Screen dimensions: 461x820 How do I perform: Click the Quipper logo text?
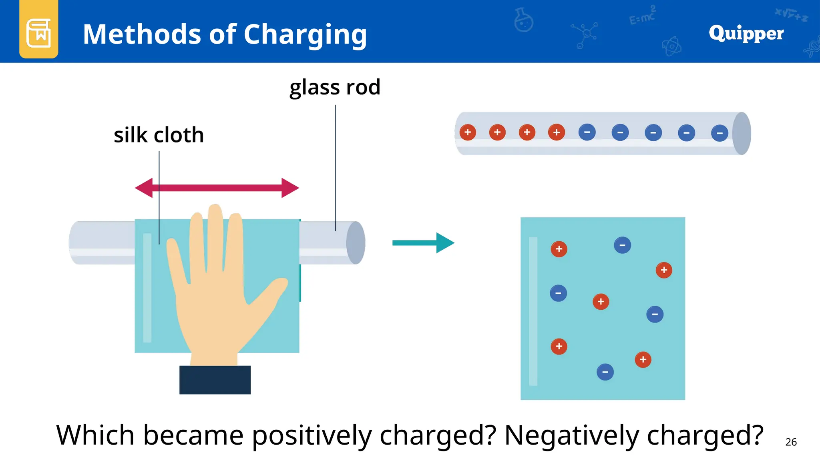(746, 33)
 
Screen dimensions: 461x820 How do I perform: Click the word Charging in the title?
(305, 35)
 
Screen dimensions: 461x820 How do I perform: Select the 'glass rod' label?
(335, 87)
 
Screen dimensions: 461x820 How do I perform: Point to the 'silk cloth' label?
(159, 135)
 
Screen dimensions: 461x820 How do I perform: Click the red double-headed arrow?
(217, 188)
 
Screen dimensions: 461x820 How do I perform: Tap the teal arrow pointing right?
(423, 243)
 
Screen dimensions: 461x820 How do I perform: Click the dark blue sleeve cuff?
(215, 380)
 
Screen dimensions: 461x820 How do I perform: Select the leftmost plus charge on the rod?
(468, 132)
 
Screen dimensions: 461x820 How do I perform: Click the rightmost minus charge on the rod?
(720, 133)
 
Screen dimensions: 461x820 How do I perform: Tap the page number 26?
(791, 442)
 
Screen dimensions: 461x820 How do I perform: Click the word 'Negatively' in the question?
(571, 435)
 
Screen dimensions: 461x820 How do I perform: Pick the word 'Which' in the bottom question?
(95, 435)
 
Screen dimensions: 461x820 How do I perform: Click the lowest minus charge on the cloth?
(605, 372)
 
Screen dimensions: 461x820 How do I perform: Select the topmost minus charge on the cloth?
(622, 245)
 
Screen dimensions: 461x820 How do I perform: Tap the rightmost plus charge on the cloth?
(664, 270)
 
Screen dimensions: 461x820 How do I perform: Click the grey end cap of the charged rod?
(742, 133)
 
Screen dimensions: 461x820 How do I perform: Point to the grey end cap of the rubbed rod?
(356, 243)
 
